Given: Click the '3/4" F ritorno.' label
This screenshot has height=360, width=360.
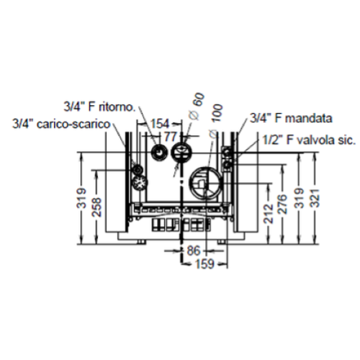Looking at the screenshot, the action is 99,107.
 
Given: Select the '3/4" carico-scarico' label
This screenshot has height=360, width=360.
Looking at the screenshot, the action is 61,124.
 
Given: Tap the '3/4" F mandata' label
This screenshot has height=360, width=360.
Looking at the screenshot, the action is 291,118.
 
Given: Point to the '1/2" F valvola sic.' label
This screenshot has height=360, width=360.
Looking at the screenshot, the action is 309,140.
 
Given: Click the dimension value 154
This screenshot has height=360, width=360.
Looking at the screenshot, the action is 160,124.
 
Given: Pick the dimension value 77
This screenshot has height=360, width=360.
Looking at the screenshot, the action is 171,137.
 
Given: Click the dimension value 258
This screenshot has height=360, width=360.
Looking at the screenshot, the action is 97,207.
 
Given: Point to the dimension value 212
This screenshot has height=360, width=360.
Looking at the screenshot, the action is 269,214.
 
